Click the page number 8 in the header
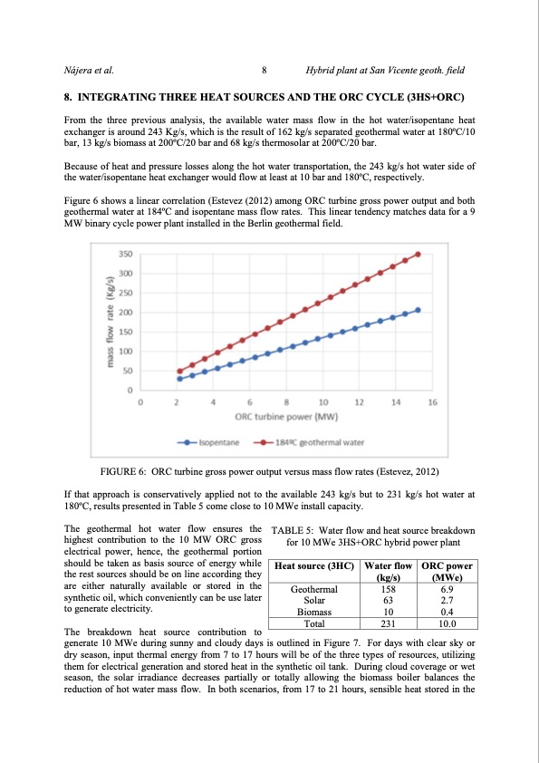point(263,69)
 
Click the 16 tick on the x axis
point(432,401)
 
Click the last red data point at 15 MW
point(418,254)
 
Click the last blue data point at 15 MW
point(418,310)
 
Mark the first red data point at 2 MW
point(179,371)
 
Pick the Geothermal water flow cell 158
point(389,589)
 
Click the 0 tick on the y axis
point(130,391)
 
